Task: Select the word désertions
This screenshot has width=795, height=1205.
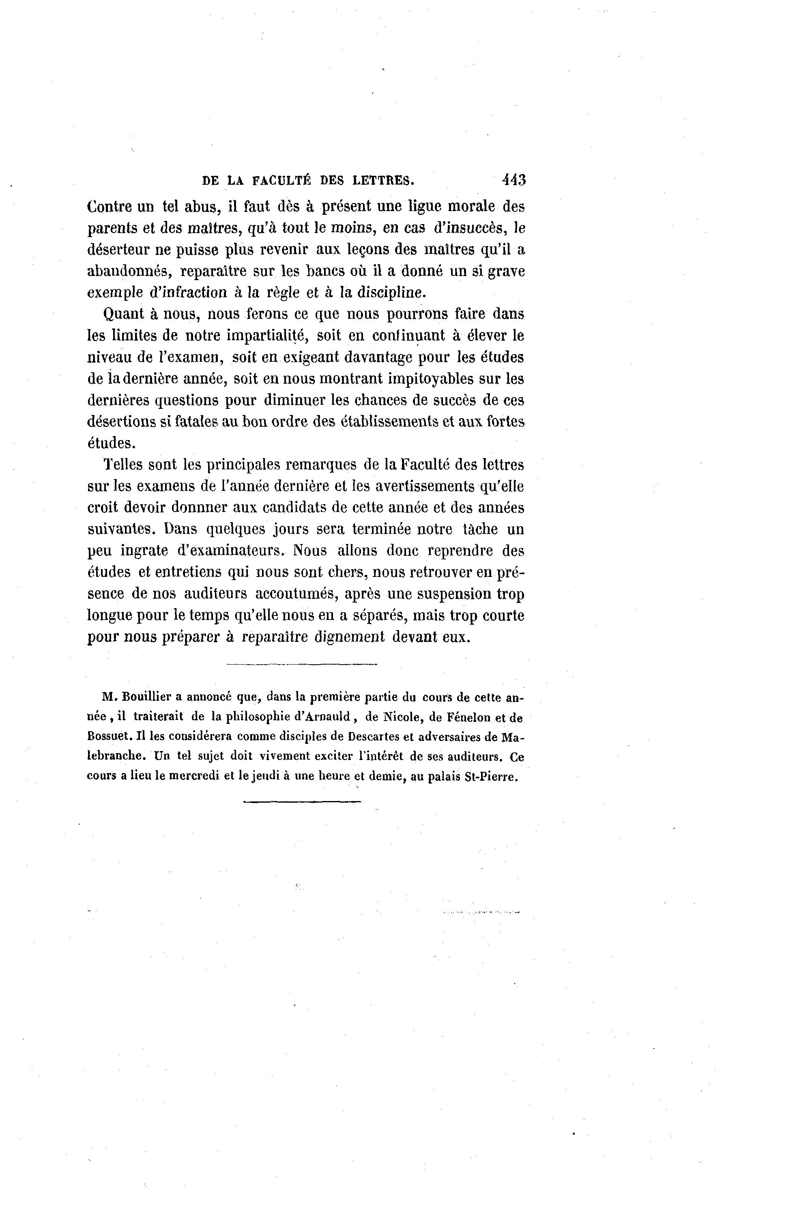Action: point(124,422)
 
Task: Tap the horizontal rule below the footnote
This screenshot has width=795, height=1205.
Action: point(302,802)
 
